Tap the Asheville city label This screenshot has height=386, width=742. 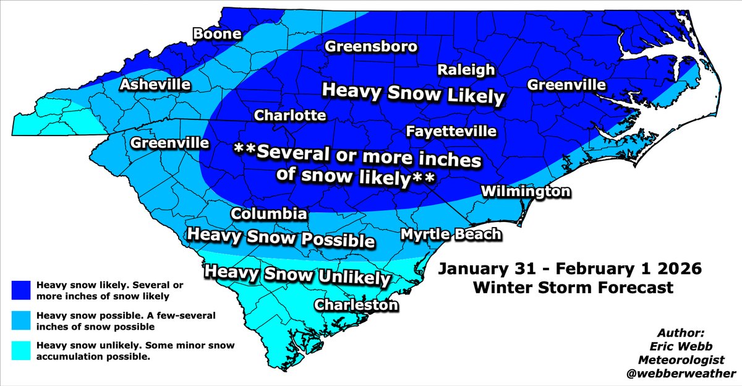coord(155,85)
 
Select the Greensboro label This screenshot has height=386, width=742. coord(372,47)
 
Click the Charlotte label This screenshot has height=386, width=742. coord(290,116)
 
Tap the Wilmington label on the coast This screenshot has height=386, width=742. coord(526,192)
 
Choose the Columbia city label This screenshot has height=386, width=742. coord(269,214)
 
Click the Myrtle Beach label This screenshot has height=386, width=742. coord(451,234)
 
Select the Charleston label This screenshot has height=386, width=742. coord(357,305)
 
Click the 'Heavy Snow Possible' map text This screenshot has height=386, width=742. coord(281,238)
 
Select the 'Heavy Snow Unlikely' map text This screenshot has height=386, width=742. coord(297,275)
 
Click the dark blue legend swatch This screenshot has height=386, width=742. coord(20,290)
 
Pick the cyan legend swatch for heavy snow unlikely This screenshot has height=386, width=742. coord(20,351)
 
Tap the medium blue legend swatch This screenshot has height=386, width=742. coord(20,320)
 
